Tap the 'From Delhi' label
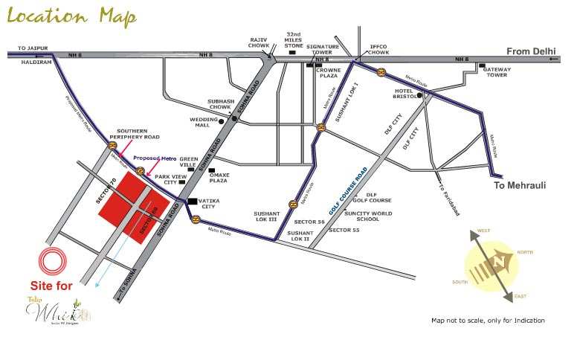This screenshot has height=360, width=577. (x=532, y=51)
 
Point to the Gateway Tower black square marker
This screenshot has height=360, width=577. (x=483, y=67)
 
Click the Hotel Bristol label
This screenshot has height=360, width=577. (x=407, y=94)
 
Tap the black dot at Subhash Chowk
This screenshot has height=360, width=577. (x=234, y=118)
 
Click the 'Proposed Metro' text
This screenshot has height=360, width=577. (x=155, y=158)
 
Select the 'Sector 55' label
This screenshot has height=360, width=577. (x=344, y=231)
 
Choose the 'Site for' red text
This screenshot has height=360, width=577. (x=51, y=286)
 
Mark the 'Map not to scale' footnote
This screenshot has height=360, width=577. (x=488, y=321)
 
